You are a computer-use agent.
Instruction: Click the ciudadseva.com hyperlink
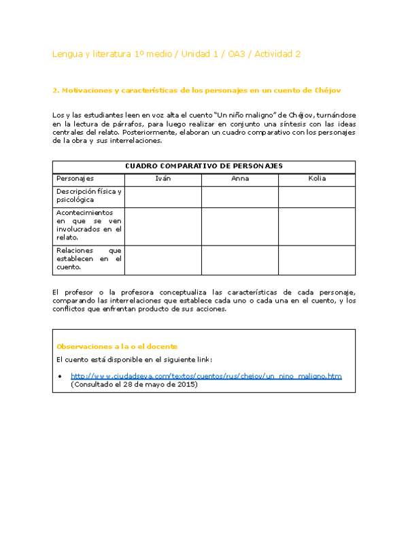point(206,376)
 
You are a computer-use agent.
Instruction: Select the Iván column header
point(163,179)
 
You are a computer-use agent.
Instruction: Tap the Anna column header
point(239,179)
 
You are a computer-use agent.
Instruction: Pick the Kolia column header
point(316,179)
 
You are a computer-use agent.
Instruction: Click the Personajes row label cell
point(75,179)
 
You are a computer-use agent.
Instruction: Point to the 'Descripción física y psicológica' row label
point(88,197)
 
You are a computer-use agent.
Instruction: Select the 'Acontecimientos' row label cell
point(88,226)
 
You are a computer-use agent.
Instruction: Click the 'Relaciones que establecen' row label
point(88,259)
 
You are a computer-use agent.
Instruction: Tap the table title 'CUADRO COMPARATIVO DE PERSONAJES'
point(204,166)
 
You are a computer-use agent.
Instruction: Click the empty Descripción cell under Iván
point(163,197)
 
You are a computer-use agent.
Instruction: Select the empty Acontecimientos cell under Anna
point(239,226)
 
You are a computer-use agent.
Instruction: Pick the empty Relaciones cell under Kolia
point(316,259)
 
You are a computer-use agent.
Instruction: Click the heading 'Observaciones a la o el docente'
point(117,346)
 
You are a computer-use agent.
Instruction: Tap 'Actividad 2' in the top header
point(277,54)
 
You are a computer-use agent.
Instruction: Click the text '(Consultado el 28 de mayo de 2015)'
point(134,385)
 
